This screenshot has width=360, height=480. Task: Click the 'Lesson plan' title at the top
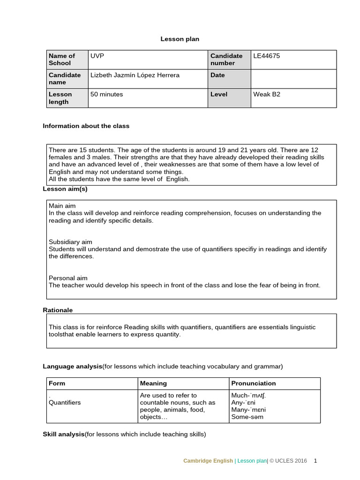pyautogui.click(x=180, y=39)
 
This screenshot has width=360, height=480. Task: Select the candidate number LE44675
pyautogui.click(x=266, y=56)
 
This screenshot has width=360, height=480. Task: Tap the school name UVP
pyautogui.click(x=97, y=56)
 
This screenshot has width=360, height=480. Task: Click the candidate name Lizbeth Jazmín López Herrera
pyautogui.click(x=135, y=75)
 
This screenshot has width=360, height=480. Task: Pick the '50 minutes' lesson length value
pyautogui.click(x=107, y=94)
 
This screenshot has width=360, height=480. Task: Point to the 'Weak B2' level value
pyautogui.click(x=267, y=94)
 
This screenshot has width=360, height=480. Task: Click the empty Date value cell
pyautogui.click(x=293, y=79)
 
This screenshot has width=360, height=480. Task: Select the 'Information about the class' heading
pyautogui.click(x=86, y=126)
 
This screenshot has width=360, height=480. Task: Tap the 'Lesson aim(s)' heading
pyautogui.click(x=65, y=189)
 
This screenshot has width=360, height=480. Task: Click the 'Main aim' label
pyautogui.click(x=62, y=206)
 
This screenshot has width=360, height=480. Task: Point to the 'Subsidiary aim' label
pyautogui.click(x=70, y=242)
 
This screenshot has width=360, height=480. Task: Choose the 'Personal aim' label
pyautogui.click(x=68, y=278)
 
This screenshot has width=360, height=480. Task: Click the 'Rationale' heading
pyautogui.click(x=58, y=310)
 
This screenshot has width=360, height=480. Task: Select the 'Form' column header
pyautogui.click(x=57, y=383)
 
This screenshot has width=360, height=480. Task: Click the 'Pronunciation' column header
pyautogui.click(x=254, y=383)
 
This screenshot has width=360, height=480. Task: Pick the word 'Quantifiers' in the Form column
pyautogui.click(x=65, y=403)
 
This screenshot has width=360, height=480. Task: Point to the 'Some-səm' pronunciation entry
pyautogui.click(x=247, y=417)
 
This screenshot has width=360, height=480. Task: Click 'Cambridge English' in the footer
pyautogui.click(x=208, y=461)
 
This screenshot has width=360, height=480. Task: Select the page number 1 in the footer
pyautogui.click(x=315, y=461)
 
